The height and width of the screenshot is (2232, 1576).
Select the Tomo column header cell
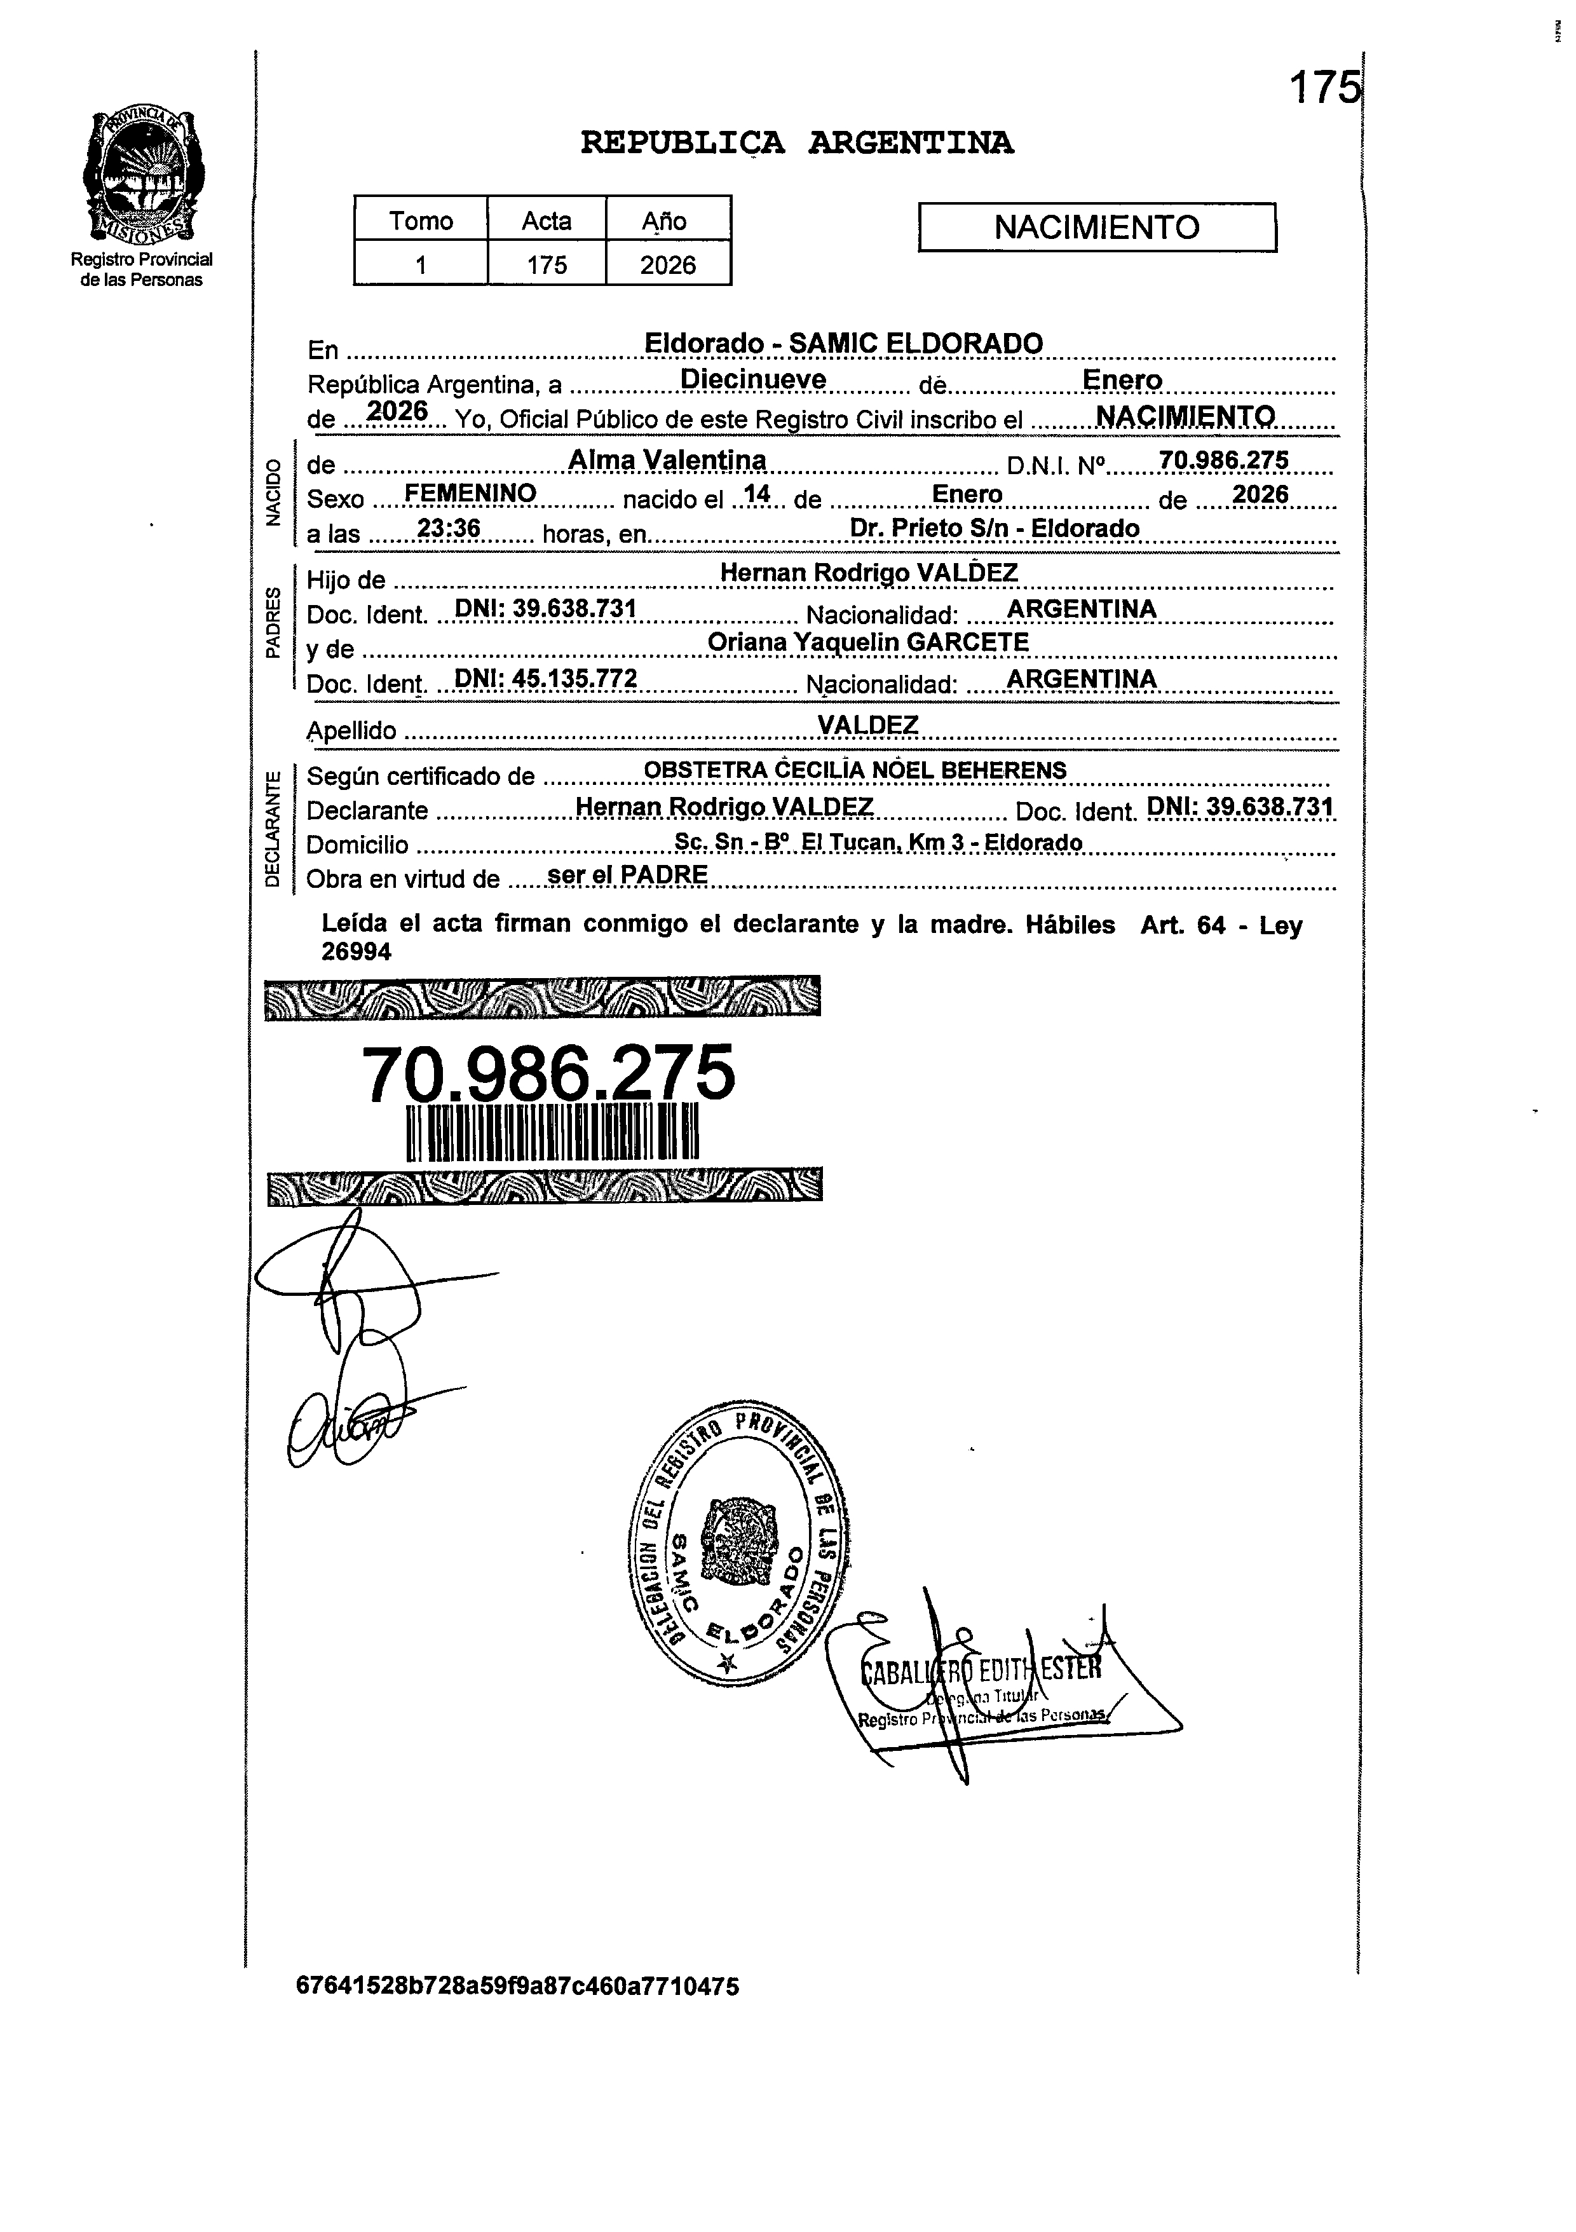pos(421,221)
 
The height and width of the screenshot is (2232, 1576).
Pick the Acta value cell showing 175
pos(547,264)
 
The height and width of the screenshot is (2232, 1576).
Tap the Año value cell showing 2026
pos(668,264)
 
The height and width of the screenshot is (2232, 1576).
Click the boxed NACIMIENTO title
pos(1097,228)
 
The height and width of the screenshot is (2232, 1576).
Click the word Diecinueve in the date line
pos(754,379)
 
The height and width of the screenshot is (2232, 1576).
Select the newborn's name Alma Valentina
pos(667,460)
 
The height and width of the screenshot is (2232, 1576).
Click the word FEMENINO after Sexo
pos(470,494)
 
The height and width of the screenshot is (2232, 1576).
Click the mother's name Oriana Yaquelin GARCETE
pos(867,643)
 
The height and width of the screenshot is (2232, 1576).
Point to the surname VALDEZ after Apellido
pos(867,725)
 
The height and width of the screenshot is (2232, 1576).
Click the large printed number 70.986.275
pos(548,1074)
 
